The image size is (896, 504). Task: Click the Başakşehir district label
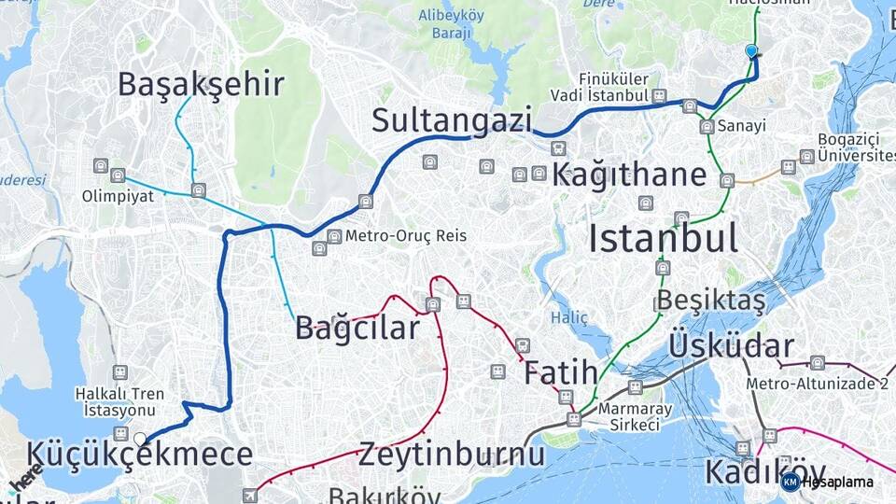coord(201,85)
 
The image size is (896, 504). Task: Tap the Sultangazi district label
coord(452,120)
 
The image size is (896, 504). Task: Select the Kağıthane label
coord(629,175)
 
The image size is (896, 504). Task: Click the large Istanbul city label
coord(663,238)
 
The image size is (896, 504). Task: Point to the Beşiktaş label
coord(711,301)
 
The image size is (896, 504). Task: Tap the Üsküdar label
coord(731,345)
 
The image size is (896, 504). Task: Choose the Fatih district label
coord(560,372)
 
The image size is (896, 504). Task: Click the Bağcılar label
coord(357,328)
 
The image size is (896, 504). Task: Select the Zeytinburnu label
coord(452,455)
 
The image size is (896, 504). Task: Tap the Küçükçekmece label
coord(140,455)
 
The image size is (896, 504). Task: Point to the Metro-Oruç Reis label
coord(406,236)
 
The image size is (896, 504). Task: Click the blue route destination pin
coord(752,52)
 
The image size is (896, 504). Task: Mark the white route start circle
coord(140,439)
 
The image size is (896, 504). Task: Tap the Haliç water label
coord(568,317)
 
